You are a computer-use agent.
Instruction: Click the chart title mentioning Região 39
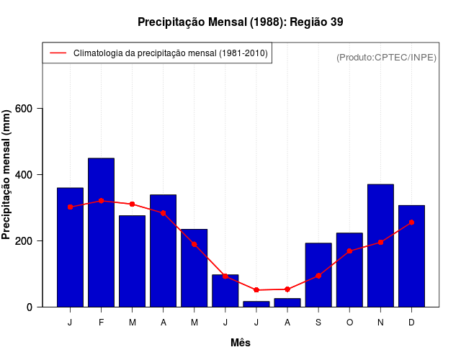[x=240, y=22]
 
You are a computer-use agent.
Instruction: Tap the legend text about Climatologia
[x=171, y=53]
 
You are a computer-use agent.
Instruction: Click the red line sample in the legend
[x=57, y=53]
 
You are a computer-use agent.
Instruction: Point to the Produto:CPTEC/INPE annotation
[x=386, y=58]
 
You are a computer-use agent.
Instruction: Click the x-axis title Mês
[x=241, y=343]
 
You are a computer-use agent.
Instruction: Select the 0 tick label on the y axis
[x=29, y=307]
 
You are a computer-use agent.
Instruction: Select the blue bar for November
[x=380, y=246]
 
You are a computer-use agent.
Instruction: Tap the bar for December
[x=411, y=256]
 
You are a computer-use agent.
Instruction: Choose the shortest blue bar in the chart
[x=256, y=304]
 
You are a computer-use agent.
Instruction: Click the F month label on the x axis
[x=101, y=323]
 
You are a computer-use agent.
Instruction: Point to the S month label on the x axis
[x=318, y=323]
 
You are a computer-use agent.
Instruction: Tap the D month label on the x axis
[x=411, y=323]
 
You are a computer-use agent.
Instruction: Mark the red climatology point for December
[x=411, y=222]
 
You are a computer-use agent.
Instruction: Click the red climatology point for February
[x=101, y=201]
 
